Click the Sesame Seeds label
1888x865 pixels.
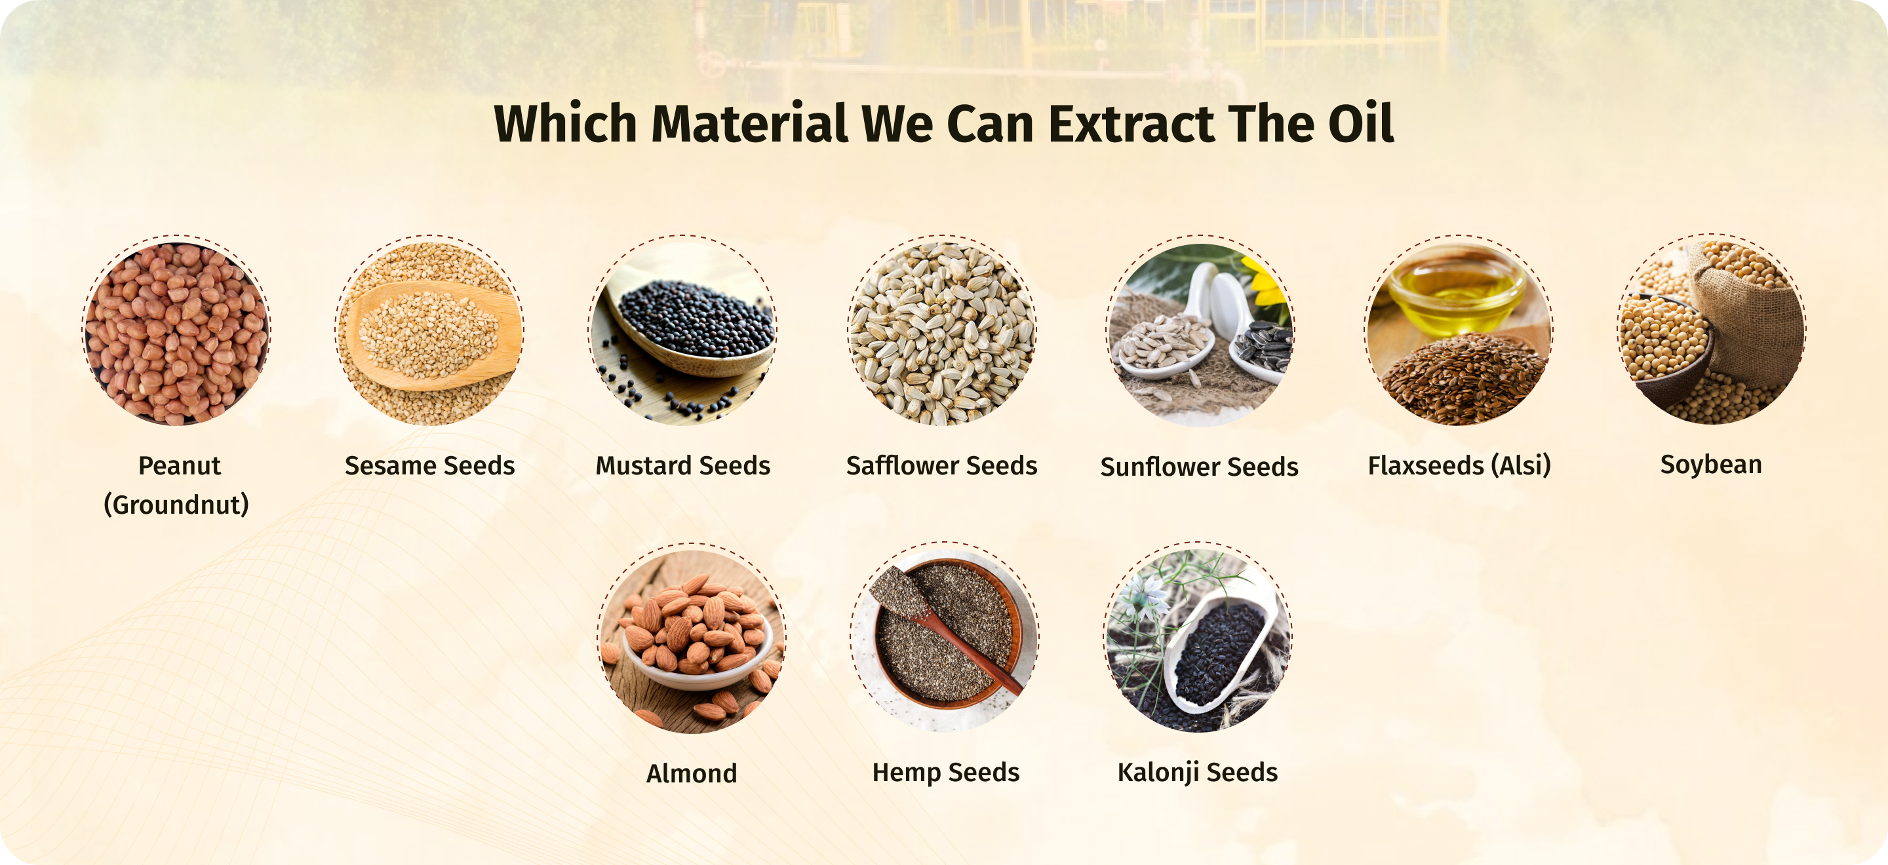point(429,466)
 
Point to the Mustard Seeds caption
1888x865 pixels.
point(682,466)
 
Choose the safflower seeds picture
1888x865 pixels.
point(942,331)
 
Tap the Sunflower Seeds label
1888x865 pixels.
point(1199,467)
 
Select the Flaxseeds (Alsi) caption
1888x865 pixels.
point(1459,466)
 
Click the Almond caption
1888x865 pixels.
point(691,773)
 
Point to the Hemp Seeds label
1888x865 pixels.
point(945,773)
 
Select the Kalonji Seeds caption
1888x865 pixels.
point(1198,773)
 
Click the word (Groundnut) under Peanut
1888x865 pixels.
point(176,505)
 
